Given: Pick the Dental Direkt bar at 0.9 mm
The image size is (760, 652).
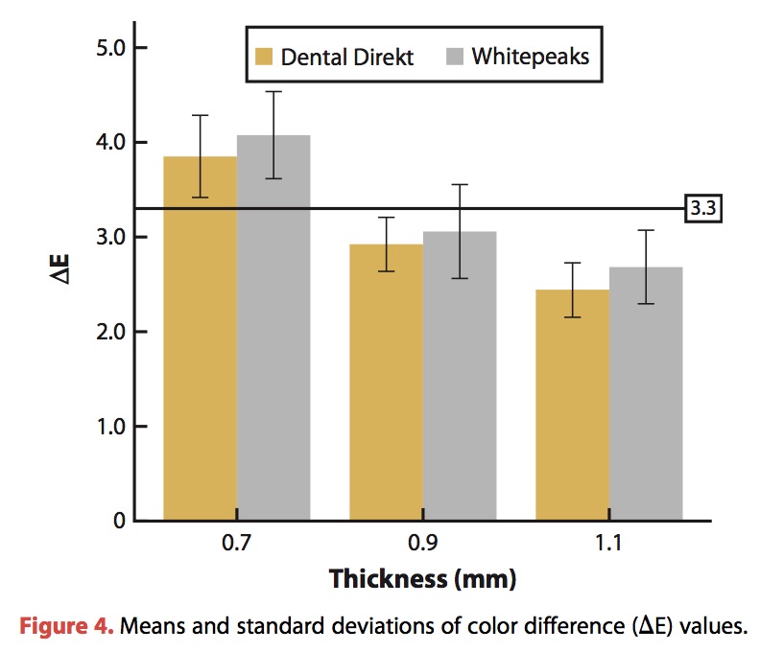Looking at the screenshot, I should pos(386,384).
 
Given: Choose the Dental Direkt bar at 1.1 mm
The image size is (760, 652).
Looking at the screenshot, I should pos(572,407).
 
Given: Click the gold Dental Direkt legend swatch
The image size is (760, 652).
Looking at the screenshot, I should pos(264,57).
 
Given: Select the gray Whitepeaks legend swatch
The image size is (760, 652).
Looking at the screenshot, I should pos(454,57).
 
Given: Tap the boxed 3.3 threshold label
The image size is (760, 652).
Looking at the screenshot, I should pos(701,209).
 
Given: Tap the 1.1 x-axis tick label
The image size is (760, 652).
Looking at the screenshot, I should pos(608,544).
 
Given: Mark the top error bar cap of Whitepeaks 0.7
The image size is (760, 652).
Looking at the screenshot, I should pos(273,92).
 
